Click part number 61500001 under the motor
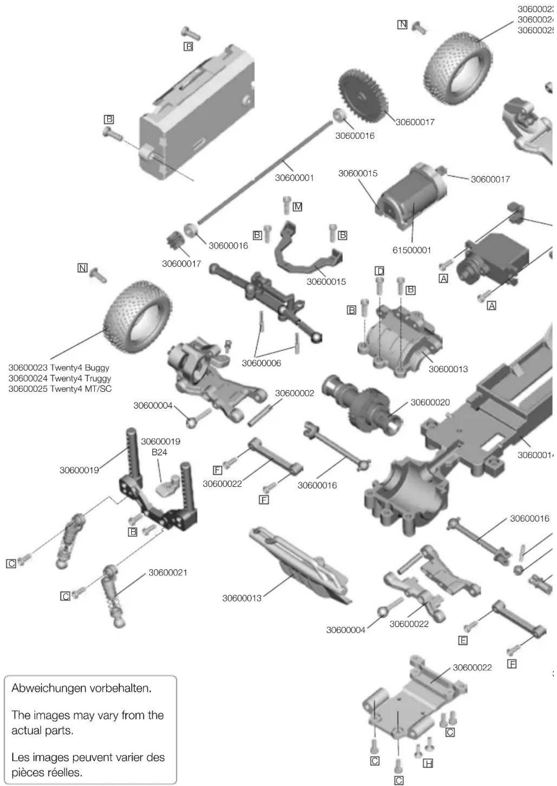tap(411, 250)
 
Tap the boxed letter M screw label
tap(298, 207)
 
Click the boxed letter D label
tap(379, 271)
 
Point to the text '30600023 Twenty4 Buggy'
tap(59, 368)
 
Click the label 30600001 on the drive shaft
tap(294, 178)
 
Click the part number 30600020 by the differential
tap(430, 402)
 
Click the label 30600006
tap(261, 363)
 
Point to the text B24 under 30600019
tap(159, 452)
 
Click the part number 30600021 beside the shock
tap(168, 573)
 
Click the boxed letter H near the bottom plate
tap(428, 764)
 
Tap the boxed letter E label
tap(463, 641)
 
